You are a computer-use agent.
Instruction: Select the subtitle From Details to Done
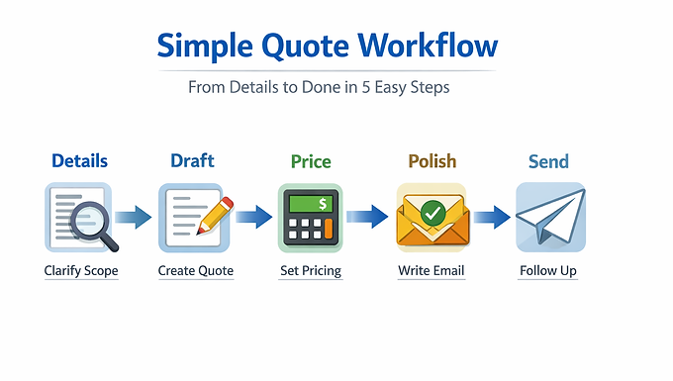pyautogui.click(x=319, y=87)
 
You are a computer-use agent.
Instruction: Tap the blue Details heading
pyautogui.click(x=79, y=160)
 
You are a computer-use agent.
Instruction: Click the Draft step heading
pyautogui.click(x=192, y=160)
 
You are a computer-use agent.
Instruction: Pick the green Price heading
pyautogui.click(x=310, y=160)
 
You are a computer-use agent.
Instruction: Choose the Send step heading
pyautogui.click(x=548, y=160)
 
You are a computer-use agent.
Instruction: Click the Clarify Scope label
pyautogui.click(x=81, y=270)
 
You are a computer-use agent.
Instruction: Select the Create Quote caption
pyautogui.click(x=196, y=270)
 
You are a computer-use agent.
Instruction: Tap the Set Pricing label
pyautogui.click(x=310, y=270)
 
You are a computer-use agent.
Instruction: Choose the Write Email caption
pyautogui.click(x=431, y=270)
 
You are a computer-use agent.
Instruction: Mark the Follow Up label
pyautogui.click(x=548, y=270)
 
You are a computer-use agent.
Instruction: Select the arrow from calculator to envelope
pyautogui.click(x=367, y=217)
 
